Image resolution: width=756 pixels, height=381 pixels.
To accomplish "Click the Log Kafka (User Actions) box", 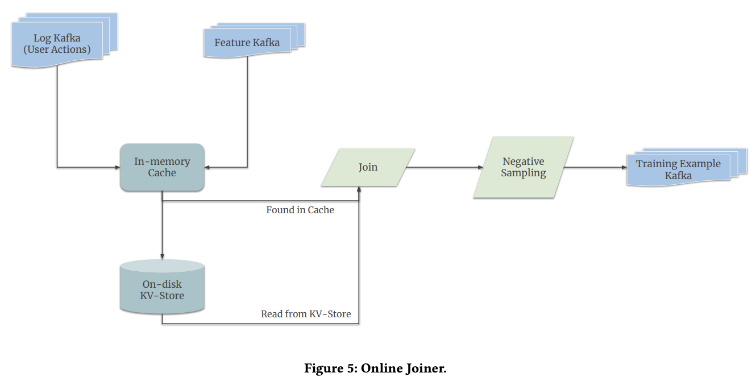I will tap(57, 44).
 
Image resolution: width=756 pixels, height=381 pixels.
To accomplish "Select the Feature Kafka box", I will tap(247, 43).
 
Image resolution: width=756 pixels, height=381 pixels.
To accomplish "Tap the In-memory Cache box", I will tap(162, 167).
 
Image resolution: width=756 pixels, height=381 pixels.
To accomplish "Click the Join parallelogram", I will tap(368, 167).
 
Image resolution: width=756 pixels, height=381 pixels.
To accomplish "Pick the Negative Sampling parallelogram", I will tap(523, 167).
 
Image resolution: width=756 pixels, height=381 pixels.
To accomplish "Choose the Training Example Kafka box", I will tap(678, 169).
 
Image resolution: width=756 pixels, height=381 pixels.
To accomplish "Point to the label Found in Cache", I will tap(300, 210).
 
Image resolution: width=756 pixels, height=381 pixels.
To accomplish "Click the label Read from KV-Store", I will tap(306, 314).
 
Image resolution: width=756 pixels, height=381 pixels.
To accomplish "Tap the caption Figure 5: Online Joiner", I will tap(375, 368).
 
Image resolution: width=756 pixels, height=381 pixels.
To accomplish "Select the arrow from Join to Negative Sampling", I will tap(443, 167).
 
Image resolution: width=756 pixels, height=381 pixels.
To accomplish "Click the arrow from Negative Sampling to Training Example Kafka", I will tap(594, 167).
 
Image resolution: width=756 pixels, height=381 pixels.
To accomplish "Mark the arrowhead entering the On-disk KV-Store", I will tap(162, 256).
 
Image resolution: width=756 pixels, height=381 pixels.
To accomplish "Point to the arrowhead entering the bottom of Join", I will tap(359, 189).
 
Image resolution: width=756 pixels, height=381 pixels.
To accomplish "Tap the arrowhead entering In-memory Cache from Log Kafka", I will tap(117, 167).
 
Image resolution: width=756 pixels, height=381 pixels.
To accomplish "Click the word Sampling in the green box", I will tap(523, 173).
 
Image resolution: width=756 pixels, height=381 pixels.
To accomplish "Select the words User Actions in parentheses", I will tap(57, 49).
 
